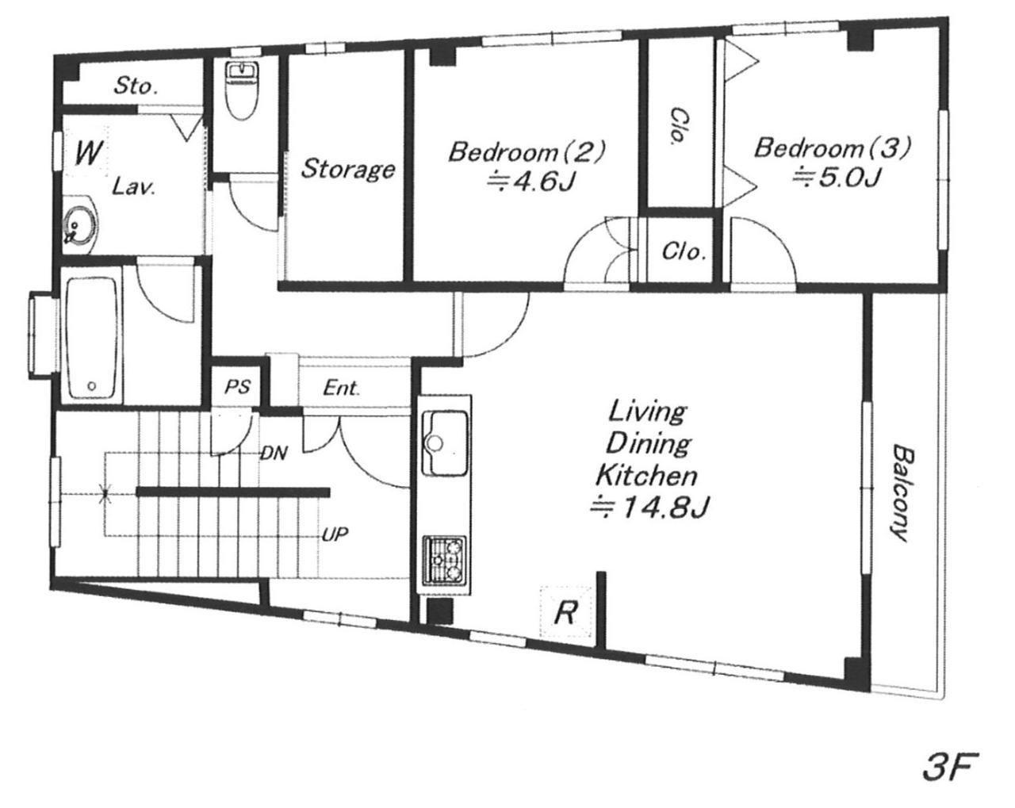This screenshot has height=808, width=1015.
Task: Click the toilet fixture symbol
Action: pos(243,92)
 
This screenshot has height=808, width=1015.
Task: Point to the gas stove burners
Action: pos(444,561)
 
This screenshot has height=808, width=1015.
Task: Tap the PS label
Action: pos(237,387)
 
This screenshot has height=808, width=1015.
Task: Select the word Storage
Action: pos(348,169)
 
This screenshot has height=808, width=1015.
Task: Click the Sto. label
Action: pos(136,86)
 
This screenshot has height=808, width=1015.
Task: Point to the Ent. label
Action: pos(342,389)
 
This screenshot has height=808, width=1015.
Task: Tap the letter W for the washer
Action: pos(90,152)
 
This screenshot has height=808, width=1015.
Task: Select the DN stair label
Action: pos(274,454)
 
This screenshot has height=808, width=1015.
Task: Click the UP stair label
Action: pos(335,534)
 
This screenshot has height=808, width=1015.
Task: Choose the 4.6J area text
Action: pos(532,181)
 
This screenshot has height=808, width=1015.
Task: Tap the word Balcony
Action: pos(902,493)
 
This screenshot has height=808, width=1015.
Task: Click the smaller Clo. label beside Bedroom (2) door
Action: pos(684,252)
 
